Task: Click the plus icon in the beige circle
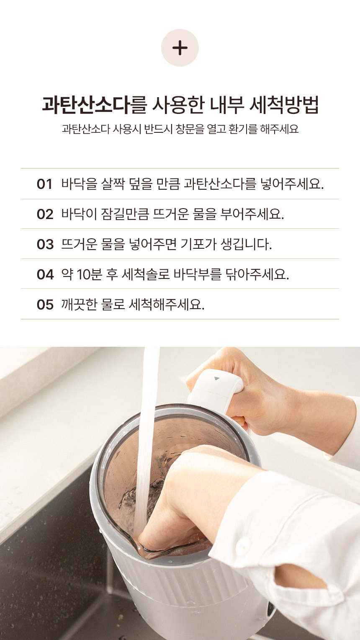click(180, 48)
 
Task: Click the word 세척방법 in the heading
click(284, 105)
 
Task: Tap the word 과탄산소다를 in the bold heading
click(95, 105)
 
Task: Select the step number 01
click(44, 184)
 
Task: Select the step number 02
click(45, 214)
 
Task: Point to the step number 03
click(45, 244)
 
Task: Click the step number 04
click(45, 275)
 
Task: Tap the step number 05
click(45, 305)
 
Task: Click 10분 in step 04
click(89, 274)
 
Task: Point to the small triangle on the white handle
click(217, 379)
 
